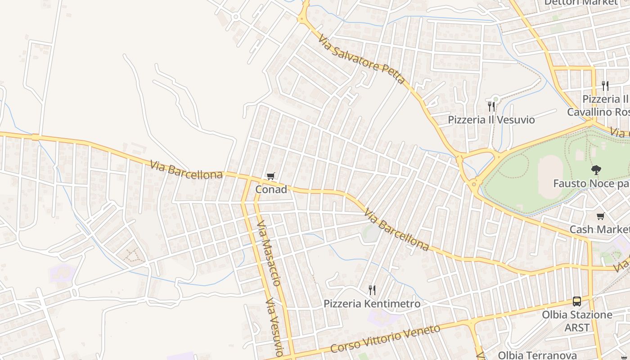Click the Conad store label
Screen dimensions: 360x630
(x=271, y=189)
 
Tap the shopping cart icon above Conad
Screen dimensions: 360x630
(x=270, y=176)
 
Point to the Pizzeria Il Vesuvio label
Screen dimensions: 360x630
(x=491, y=120)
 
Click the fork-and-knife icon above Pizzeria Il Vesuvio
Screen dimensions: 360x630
(x=491, y=107)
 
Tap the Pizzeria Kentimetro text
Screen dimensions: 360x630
(x=372, y=304)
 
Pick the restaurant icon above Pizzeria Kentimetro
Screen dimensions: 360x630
(x=372, y=290)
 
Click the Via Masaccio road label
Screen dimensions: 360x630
(x=269, y=253)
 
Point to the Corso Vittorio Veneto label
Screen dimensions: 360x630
(x=385, y=338)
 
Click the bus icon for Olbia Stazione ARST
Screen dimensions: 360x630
(x=577, y=301)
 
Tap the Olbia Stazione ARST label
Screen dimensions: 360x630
(x=577, y=321)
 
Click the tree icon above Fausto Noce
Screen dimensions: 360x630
(x=596, y=170)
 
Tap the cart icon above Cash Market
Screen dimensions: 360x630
(x=600, y=216)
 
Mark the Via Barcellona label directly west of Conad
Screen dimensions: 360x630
(x=186, y=170)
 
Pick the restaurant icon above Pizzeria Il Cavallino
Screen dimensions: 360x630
(x=605, y=85)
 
